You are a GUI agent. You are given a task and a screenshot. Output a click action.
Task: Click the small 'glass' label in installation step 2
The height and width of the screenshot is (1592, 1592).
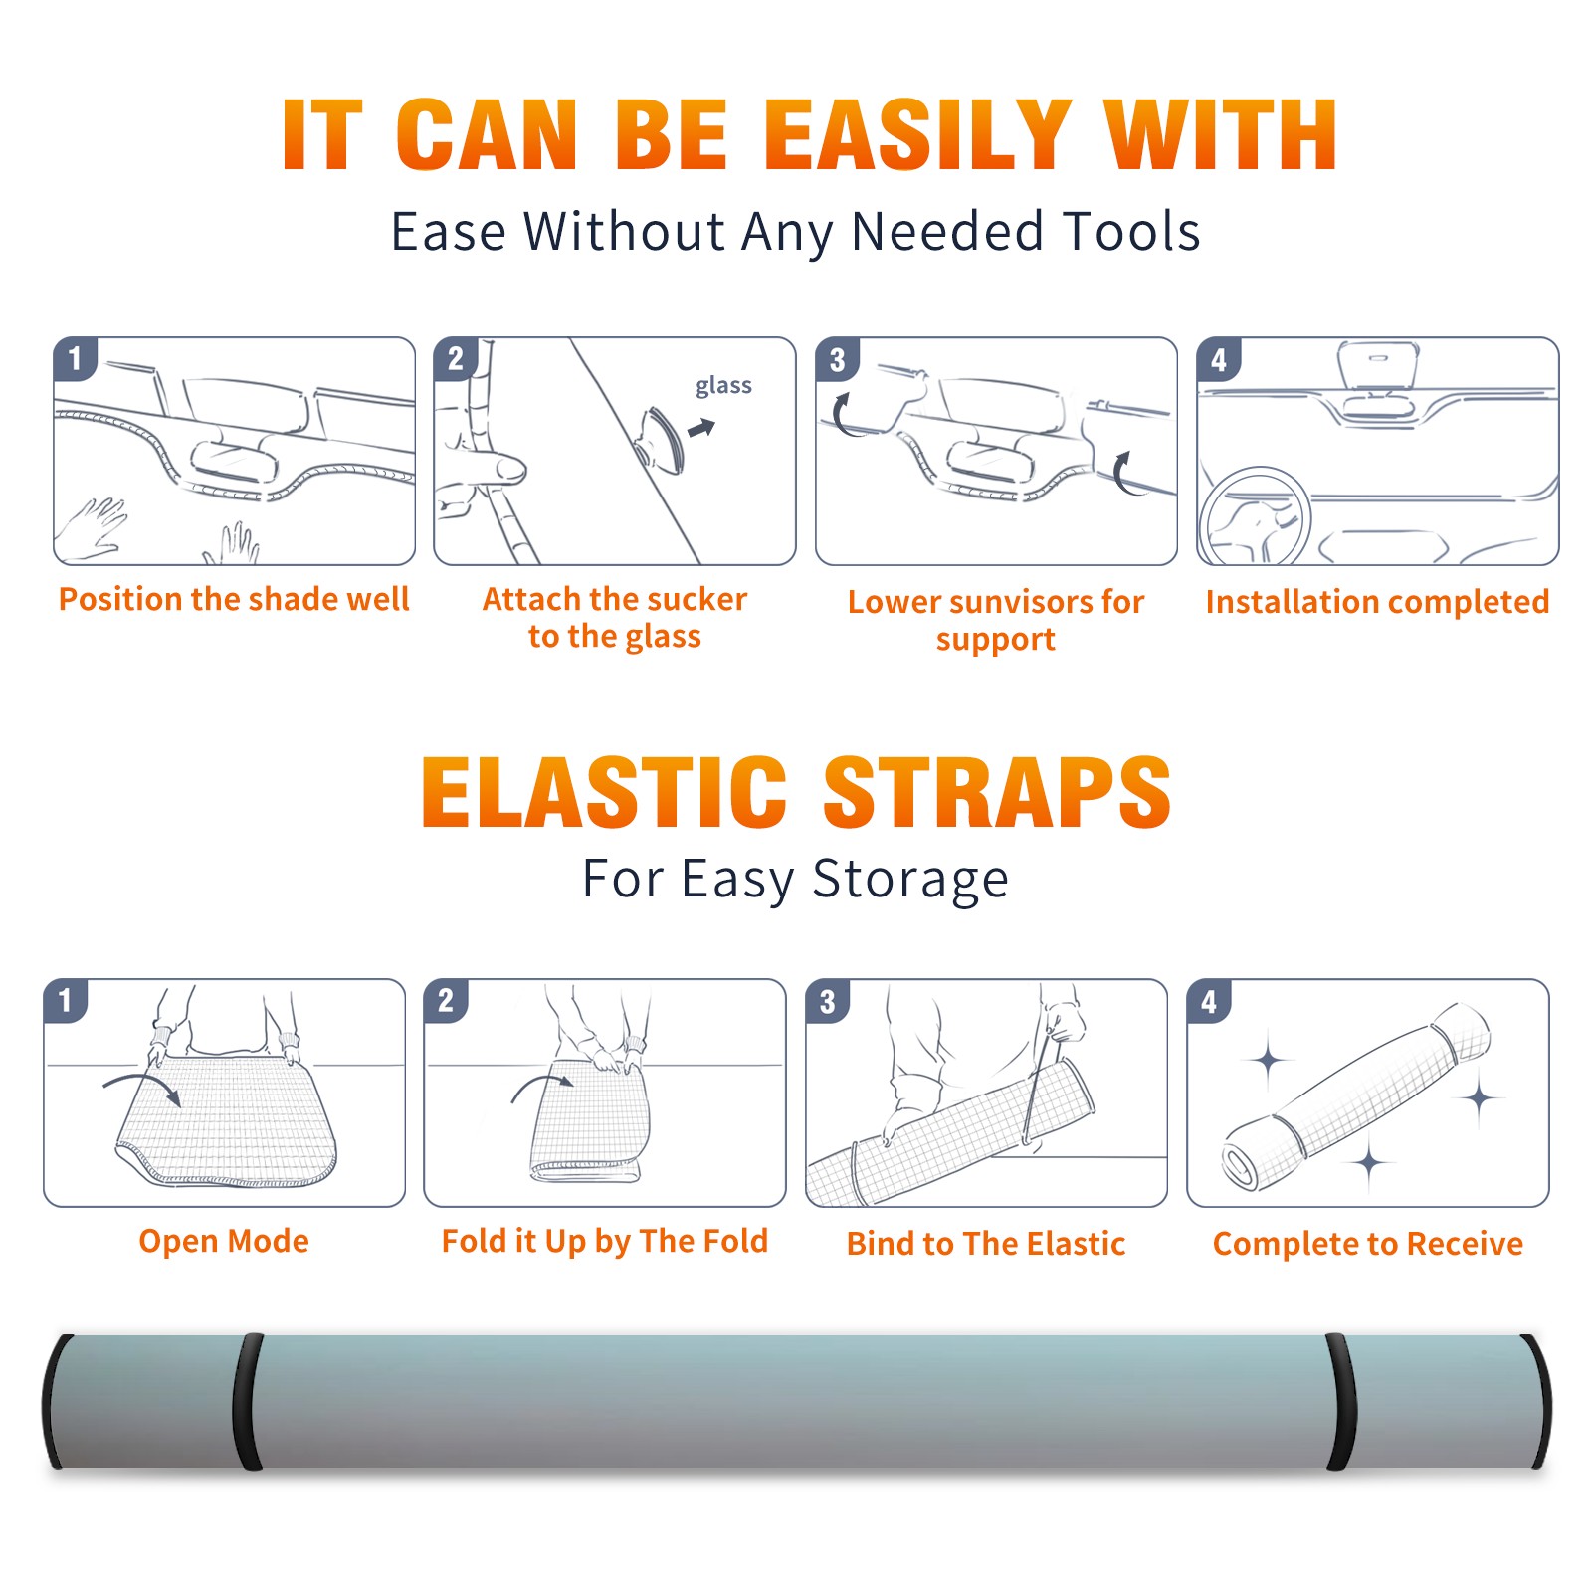(x=723, y=386)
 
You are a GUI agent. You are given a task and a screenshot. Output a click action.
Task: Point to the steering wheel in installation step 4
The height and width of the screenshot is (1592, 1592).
(x=1256, y=517)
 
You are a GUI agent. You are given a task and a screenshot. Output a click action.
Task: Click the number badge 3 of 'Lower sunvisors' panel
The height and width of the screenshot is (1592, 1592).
(x=837, y=359)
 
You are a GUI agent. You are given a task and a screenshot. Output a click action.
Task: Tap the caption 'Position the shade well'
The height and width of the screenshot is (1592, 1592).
(x=234, y=599)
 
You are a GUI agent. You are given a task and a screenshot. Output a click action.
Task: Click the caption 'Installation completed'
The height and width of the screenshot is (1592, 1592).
(x=1377, y=602)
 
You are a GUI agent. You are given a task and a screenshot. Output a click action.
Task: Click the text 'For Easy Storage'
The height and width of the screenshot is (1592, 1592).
(x=796, y=879)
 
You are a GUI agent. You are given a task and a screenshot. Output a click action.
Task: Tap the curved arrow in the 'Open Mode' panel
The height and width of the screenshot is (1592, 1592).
(x=142, y=1088)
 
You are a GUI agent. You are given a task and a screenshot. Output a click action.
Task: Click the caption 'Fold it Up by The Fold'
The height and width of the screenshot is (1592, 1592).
(x=605, y=1241)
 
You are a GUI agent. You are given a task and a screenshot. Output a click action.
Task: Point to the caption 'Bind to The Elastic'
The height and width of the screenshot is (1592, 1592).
(x=986, y=1244)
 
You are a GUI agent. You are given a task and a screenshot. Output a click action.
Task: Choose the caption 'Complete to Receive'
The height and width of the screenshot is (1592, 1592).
(x=1368, y=1244)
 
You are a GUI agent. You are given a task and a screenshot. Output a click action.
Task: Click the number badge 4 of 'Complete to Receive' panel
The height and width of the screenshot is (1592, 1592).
(x=1209, y=1001)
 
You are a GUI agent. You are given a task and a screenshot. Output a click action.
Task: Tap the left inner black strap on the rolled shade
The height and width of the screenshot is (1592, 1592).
(x=248, y=1401)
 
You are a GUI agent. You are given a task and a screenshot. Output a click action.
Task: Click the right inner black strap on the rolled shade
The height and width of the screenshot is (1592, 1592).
(x=1340, y=1401)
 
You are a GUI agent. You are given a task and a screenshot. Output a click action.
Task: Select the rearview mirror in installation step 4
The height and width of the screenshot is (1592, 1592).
(x=1378, y=366)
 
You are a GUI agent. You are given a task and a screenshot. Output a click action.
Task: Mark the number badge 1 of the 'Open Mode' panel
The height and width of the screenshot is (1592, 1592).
(x=65, y=1001)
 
